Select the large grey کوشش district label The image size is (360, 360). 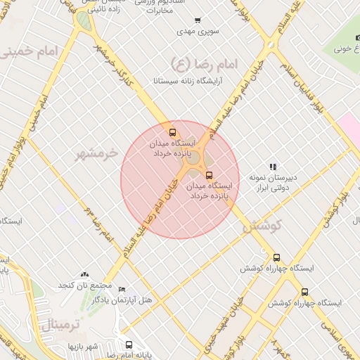pos(262,226)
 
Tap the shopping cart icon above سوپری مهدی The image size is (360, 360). pos(198,20)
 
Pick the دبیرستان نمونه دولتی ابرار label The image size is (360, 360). pos(273,182)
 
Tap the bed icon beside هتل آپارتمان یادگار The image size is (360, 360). pos(122,289)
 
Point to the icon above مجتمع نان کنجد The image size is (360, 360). pos(85,274)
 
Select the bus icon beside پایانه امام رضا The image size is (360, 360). pos(129,345)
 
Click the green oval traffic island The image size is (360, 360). pos(84,22)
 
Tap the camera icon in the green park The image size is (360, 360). pos(357,37)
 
